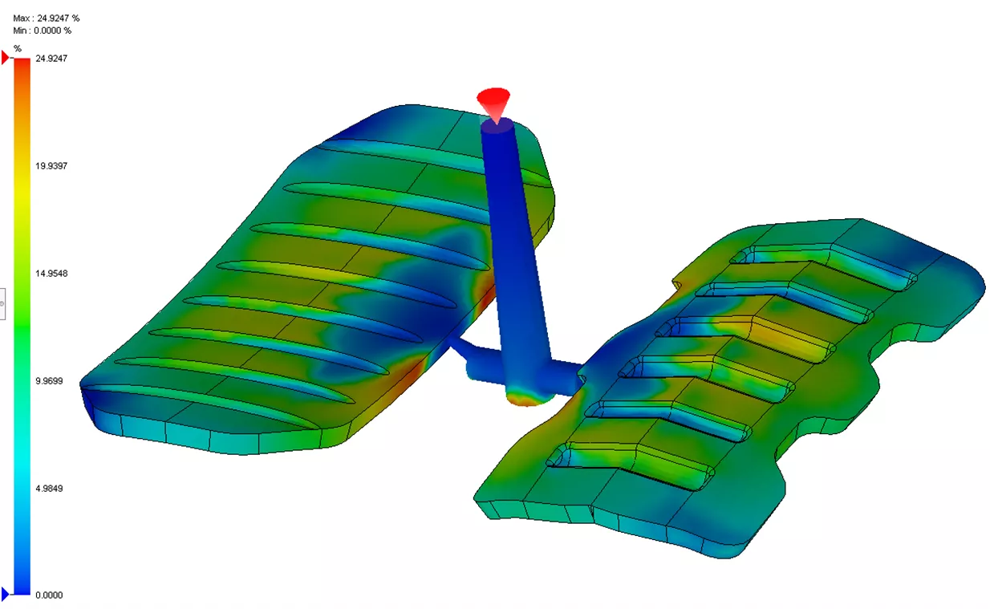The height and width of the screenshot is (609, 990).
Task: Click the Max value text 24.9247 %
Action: click(47, 18)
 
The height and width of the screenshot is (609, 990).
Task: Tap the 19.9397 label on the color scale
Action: click(51, 166)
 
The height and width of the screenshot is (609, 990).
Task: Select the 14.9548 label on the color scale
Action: click(51, 274)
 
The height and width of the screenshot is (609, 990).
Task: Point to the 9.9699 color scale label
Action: click(50, 381)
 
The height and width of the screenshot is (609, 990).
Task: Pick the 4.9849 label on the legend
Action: click(50, 488)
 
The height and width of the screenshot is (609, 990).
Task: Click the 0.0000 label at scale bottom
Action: click(50, 595)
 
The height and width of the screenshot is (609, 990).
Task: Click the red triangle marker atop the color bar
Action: click(6, 58)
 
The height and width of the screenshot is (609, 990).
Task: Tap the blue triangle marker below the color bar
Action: click(6, 595)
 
